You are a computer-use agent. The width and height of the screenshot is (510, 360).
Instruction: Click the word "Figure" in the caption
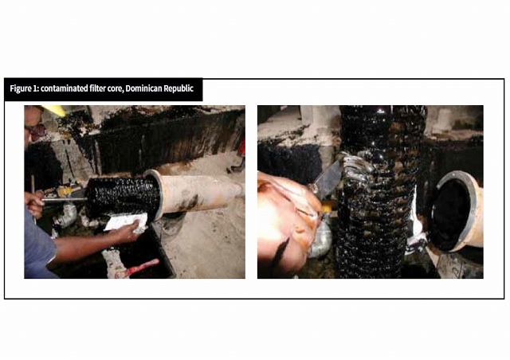point(21,88)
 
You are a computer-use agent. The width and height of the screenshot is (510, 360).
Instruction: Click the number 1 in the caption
point(35,88)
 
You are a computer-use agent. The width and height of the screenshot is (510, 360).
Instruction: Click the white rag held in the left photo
point(126,222)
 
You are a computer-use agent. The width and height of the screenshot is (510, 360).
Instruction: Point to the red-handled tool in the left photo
point(137,268)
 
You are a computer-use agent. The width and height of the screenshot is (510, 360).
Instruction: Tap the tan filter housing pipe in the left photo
point(195,194)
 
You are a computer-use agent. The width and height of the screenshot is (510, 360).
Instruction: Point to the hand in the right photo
point(286,221)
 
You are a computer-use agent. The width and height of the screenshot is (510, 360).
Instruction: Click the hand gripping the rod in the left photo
point(33,204)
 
